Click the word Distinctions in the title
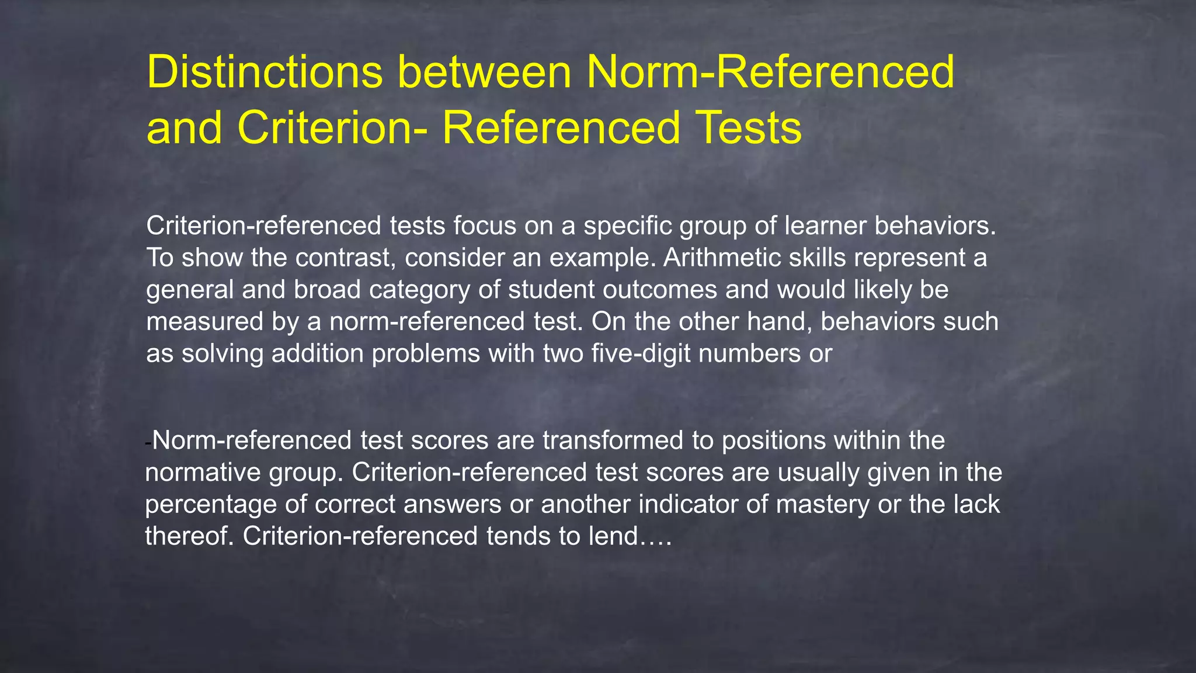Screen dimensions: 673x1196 265,72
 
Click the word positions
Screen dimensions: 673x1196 774,440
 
